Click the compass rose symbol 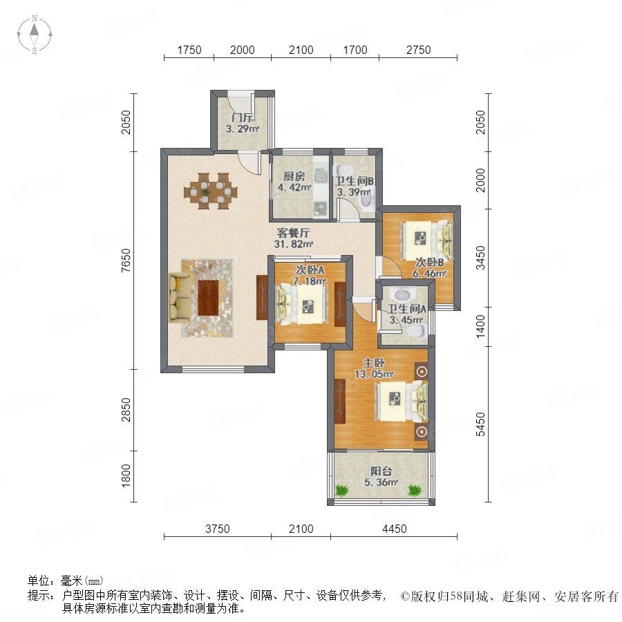pyautogui.click(x=35, y=35)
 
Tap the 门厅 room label pyautogui.click(x=243, y=117)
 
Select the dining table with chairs pyautogui.click(x=210, y=191)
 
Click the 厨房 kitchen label pyautogui.click(x=294, y=176)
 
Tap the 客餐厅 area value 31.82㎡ pyautogui.click(x=294, y=244)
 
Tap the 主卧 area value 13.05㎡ pyautogui.click(x=374, y=374)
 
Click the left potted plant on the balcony pyautogui.click(x=341, y=491)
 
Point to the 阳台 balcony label pyautogui.click(x=381, y=471)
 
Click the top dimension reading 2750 pyautogui.click(x=419, y=50)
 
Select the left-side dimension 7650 pyautogui.click(x=126, y=261)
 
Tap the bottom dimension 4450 pyautogui.click(x=395, y=529)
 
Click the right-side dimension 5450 pyautogui.click(x=480, y=424)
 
